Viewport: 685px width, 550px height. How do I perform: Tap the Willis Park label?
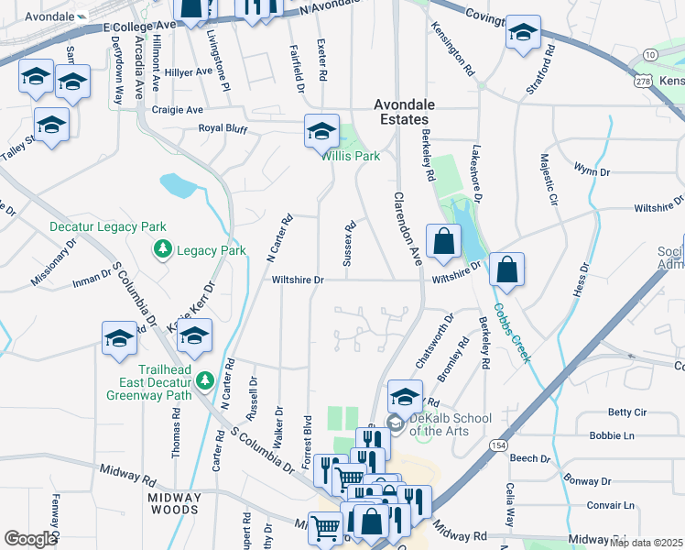point(350,156)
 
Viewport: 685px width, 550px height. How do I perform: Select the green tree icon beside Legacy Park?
point(163,249)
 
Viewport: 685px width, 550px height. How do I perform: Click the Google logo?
point(30,539)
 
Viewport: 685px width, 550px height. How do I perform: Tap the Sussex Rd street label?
point(349,244)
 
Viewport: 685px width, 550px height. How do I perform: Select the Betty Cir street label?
point(627,413)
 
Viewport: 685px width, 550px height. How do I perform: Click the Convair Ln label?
point(611,505)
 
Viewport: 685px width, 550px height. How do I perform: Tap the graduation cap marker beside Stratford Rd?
point(523,34)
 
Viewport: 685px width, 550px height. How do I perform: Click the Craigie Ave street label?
point(178,110)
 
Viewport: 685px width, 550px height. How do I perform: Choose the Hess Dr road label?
point(581,280)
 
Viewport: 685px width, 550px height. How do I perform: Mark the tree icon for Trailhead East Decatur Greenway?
point(205,379)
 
